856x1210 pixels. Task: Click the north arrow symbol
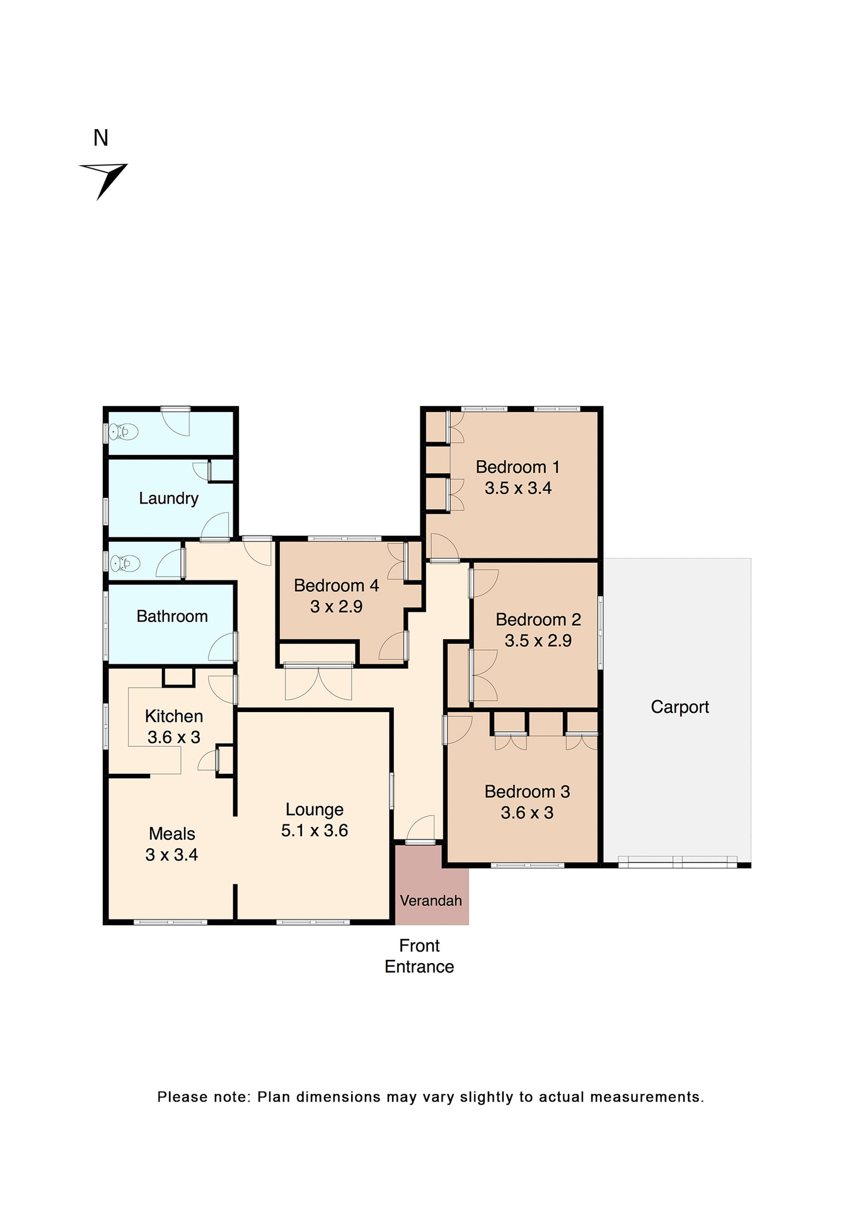click(x=104, y=179)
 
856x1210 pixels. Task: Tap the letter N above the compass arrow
click(x=101, y=138)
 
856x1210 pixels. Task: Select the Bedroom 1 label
click(x=518, y=467)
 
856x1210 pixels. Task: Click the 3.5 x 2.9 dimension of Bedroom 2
click(x=538, y=640)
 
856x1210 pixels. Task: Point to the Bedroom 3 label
click(x=527, y=792)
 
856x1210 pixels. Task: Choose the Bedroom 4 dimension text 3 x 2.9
click(x=336, y=606)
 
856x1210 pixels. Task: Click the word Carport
click(x=680, y=707)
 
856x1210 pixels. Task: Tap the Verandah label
click(x=431, y=901)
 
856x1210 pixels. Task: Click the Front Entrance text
click(x=419, y=956)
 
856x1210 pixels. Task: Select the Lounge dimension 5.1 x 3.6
click(x=315, y=831)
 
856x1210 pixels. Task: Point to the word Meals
click(x=172, y=834)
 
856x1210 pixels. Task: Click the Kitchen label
click(x=174, y=716)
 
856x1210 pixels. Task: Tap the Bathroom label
click(x=172, y=616)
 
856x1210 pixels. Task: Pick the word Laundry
click(x=169, y=498)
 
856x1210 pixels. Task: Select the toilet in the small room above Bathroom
click(x=124, y=562)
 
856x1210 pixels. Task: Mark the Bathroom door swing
click(x=222, y=648)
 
